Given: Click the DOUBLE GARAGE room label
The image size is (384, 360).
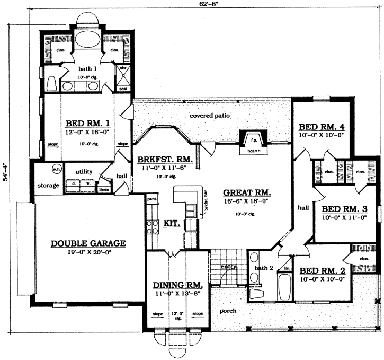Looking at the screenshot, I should [88, 243].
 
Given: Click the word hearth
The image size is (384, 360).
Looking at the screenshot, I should [255, 151].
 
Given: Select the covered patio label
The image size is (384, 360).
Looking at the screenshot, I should [210, 115].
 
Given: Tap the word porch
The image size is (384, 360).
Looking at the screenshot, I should [228, 310].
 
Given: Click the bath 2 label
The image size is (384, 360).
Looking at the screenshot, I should [263, 268].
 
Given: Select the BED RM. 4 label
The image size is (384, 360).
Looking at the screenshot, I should [322, 127].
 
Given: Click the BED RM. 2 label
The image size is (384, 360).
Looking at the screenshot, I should [323, 269].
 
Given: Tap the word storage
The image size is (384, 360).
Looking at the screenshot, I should [48, 186].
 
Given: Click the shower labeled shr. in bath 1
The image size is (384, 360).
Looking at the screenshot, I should [122, 75].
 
